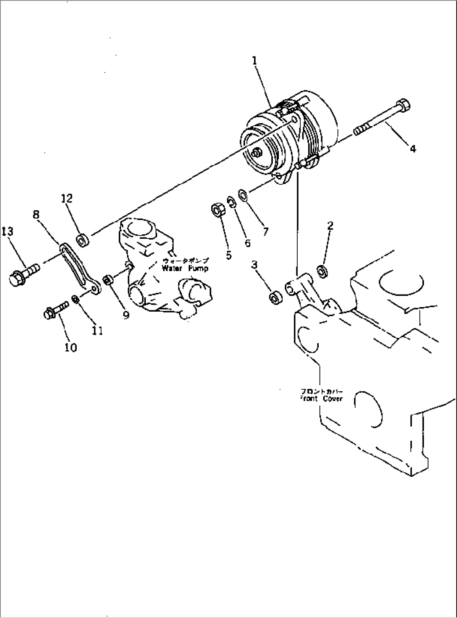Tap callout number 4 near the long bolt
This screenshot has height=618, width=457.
pos(413,148)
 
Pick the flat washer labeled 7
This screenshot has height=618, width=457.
pos(243,194)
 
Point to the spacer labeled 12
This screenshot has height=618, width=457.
pos(81,241)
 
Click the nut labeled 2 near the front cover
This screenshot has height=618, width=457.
pos(323,271)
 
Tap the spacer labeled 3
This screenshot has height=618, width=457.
pos(275,298)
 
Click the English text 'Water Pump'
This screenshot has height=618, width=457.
pos(185,268)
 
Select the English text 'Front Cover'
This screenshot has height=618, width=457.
pos(321,399)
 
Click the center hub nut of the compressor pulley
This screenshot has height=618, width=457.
pos(256,153)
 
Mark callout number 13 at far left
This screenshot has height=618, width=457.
pos(7,231)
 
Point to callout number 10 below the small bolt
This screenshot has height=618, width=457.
pos(70,347)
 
